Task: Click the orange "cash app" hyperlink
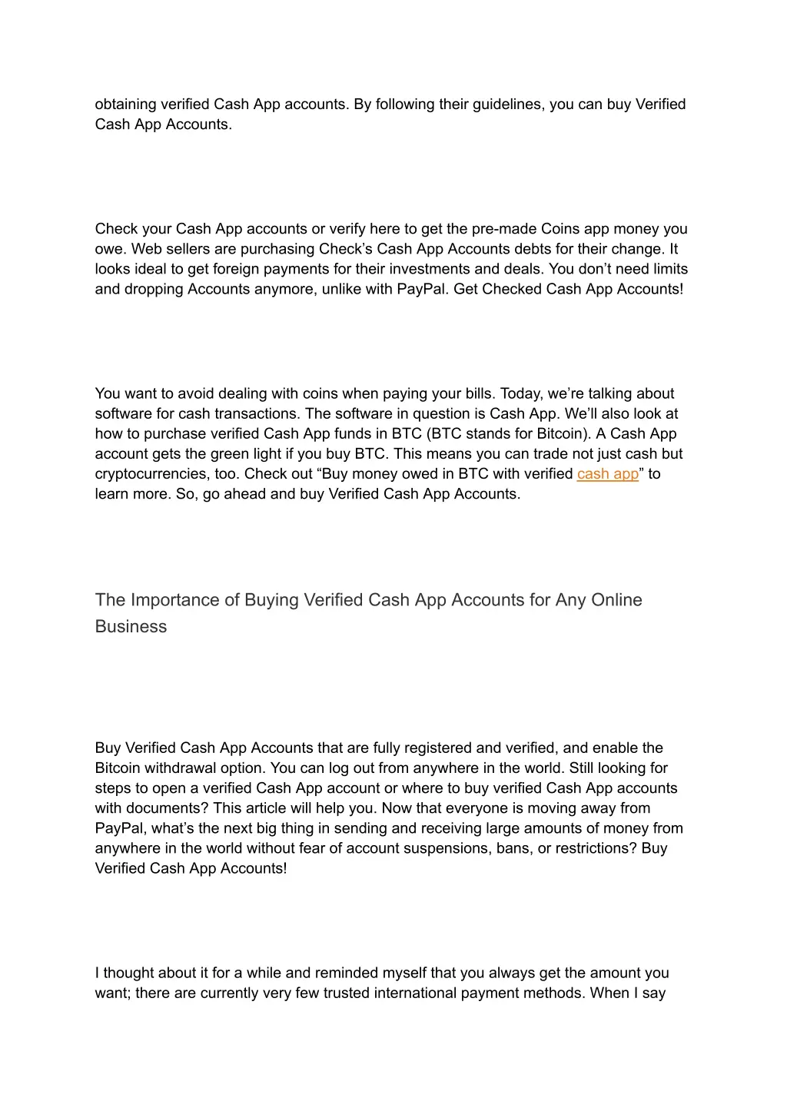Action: click(x=607, y=474)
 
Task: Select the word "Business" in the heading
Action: click(x=131, y=627)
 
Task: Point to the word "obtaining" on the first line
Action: click(x=125, y=104)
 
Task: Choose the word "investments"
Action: click(x=432, y=269)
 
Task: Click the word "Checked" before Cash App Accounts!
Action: click(x=511, y=289)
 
